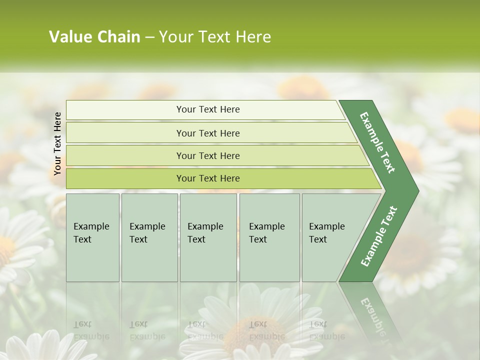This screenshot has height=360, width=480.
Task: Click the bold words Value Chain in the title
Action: (x=94, y=37)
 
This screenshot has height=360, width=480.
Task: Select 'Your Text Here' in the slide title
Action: (x=215, y=37)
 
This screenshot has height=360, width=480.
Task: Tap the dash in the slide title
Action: (x=149, y=37)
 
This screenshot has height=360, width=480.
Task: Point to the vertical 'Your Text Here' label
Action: (x=57, y=143)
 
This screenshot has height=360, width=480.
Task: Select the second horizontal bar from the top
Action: (x=207, y=133)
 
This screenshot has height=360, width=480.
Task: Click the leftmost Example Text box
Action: (x=92, y=237)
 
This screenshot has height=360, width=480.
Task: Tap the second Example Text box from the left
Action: (x=149, y=237)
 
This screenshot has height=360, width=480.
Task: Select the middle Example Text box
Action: (x=208, y=237)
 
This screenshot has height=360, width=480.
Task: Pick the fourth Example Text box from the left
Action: (x=269, y=237)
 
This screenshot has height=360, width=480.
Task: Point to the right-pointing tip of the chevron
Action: (x=416, y=191)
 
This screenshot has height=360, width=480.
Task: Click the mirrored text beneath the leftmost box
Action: (x=90, y=330)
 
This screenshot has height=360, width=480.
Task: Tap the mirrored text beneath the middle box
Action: (x=204, y=330)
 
